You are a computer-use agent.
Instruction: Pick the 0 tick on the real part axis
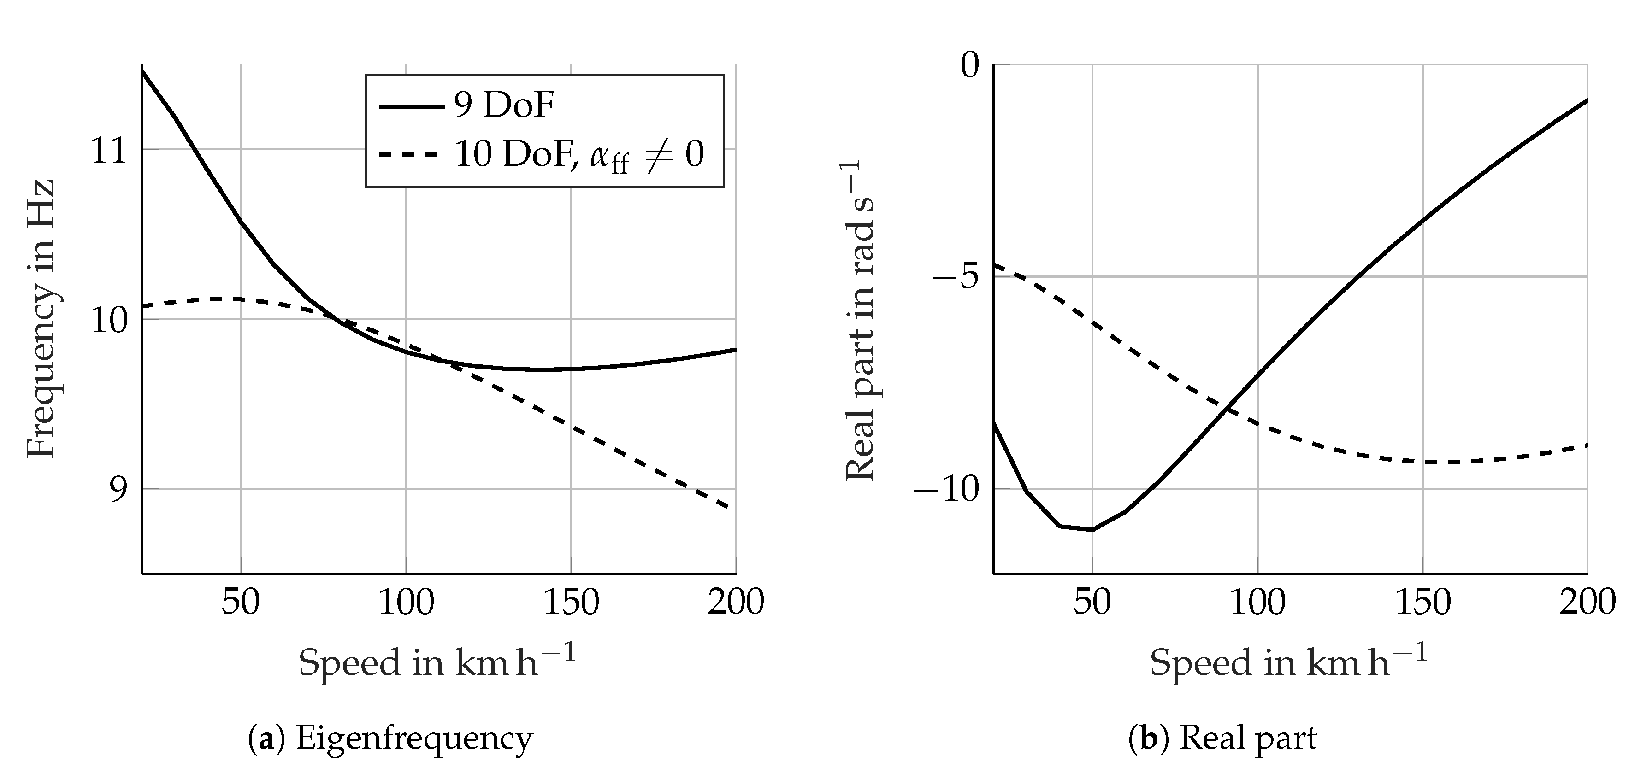969,66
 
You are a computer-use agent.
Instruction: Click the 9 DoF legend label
504,105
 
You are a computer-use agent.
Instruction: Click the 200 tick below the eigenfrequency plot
736,601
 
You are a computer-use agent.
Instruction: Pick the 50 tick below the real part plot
1092,601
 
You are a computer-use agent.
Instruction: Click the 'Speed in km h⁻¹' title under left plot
437,662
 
